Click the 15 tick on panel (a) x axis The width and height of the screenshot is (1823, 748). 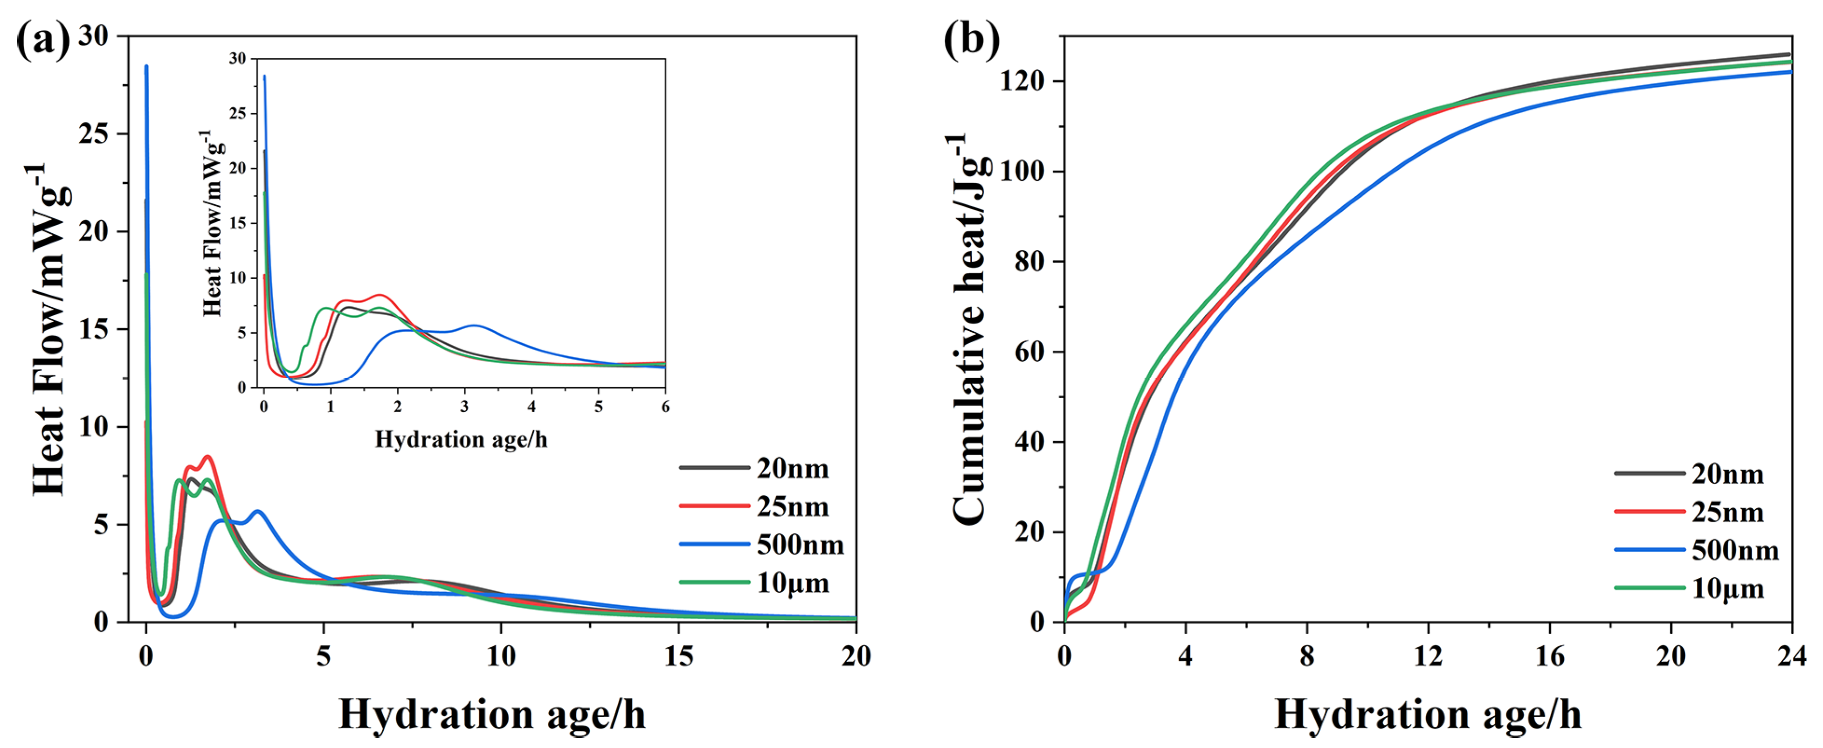[x=679, y=657]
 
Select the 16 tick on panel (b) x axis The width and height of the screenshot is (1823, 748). [x=1549, y=657]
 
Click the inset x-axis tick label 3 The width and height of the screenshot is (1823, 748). [x=464, y=407]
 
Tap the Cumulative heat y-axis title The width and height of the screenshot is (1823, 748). [x=968, y=329]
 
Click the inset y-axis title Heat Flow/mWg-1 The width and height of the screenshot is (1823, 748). [x=212, y=223]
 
